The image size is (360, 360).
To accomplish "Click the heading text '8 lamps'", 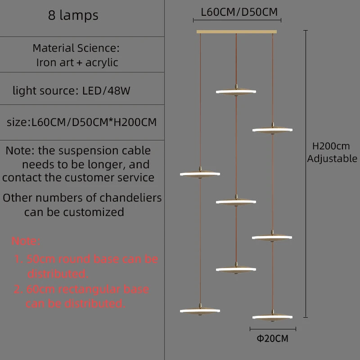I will (x=73, y=15).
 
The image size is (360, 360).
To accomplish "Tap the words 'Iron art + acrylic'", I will (x=77, y=63).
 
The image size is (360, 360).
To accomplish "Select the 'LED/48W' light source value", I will (x=106, y=91).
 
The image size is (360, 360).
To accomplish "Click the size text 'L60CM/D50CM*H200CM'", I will (x=94, y=122).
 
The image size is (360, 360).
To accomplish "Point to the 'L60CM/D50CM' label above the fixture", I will (x=239, y=12).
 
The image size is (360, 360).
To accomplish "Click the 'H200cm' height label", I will (x=331, y=146).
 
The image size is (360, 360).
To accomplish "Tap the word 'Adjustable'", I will (x=332, y=158).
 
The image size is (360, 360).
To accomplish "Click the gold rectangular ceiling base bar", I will (x=237, y=31).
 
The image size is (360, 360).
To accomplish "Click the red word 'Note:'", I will (x=26, y=241).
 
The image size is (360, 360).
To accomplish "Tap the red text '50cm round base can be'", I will (x=92, y=259).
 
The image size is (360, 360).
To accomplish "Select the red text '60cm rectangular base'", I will (x=88, y=289).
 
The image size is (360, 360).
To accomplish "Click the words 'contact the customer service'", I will (x=78, y=177).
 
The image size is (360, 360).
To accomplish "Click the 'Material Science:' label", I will (x=76, y=48).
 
